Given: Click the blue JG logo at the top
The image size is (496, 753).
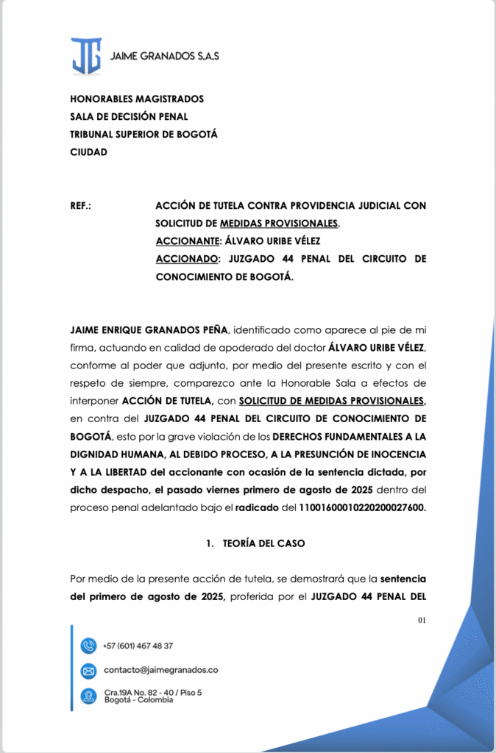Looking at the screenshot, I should tap(86, 57).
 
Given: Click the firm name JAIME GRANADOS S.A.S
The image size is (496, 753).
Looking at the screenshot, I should tap(164, 56).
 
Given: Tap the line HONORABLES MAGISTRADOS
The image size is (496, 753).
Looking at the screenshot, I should tap(137, 99).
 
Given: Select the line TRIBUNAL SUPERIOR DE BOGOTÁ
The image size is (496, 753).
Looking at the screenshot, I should tap(144, 135).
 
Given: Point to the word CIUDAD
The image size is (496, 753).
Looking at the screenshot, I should tap(88, 152).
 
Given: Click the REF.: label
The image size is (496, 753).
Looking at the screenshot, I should tap(80, 205).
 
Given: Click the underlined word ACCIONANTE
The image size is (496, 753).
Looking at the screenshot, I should tap(188, 241).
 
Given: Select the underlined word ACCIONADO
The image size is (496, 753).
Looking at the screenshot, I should tap(188, 259).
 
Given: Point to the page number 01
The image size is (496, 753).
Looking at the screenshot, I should tap(422, 621).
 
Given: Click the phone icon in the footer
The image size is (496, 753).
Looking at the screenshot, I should tap(88, 646).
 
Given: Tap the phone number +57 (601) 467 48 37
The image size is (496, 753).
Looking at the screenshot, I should tap(138, 646).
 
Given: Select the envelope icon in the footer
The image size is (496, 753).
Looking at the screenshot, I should tap(88, 671).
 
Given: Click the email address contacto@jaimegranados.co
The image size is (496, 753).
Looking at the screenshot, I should tap(160, 670).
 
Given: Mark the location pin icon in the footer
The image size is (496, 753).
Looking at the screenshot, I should tap(88, 696).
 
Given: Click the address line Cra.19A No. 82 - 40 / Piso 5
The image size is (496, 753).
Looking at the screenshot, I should tap(153, 692).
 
